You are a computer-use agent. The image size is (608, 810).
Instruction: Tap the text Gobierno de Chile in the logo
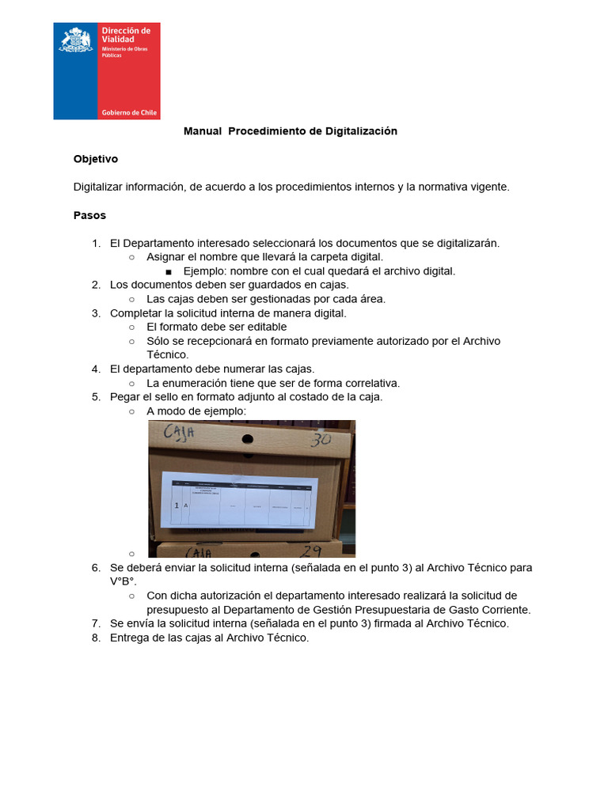[x=129, y=113]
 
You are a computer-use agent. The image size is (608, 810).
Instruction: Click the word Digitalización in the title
[x=361, y=131]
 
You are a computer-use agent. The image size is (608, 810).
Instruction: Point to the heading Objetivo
[x=96, y=159]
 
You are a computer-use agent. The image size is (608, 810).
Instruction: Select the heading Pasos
[x=89, y=215]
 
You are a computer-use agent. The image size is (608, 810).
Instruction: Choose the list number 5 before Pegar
[x=96, y=397]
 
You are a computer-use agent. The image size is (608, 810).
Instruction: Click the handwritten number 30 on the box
[x=320, y=440]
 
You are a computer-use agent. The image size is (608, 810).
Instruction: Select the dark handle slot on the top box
[x=247, y=437]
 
